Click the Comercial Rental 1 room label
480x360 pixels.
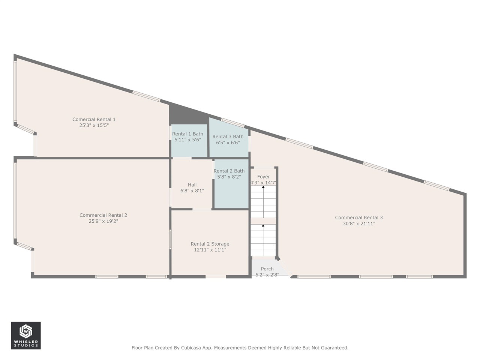(x=94, y=119)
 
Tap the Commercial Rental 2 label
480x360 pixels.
(x=103, y=215)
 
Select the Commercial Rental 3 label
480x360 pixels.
(x=359, y=217)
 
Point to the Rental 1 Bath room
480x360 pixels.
(x=189, y=141)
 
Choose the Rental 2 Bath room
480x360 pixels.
(x=231, y=184)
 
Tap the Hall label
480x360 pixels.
(x=192, y=185)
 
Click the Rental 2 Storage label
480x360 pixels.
(x=210, y=244)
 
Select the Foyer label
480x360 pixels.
(x=263, y=177)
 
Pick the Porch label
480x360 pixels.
(x=267, y=269)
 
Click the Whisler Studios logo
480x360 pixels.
(x=26, y=336)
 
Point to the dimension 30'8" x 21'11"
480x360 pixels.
(x=359, y=223)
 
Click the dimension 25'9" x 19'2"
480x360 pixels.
(x=103, y=221)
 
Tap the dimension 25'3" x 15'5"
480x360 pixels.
(x=94, y=126)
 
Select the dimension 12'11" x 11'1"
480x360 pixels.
(x=210, y=250)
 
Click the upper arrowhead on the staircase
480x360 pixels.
(x=263, y=187)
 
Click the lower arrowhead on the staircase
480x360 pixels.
(x=263, y=225)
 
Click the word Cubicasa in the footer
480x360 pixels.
(x=190, y=348)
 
